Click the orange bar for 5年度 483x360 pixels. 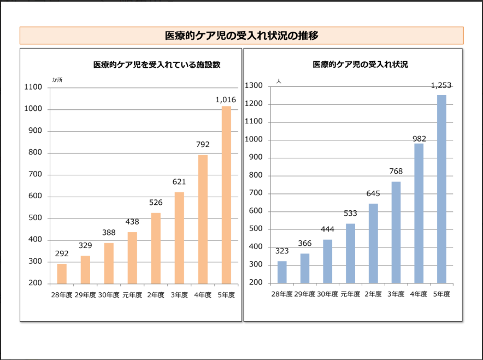pyautogui.click(x=226, y=194)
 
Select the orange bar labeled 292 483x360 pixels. pyautogui.click(x=62, y=274)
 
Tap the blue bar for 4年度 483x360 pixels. pyautogui.click(x=419, y=213)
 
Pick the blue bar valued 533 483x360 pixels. pyautogui.click(x=350, y=253)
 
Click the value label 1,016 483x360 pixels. pyautogui.click(x=226, y=99)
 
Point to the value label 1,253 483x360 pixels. pyautogui.click(x=441, y=85)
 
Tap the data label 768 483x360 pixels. pyautogui.click(x=396, y=172)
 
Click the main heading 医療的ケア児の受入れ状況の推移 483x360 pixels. pyautogui.click(x=241, y=36)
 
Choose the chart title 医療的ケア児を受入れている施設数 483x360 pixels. pyautogui.click(x=157, y=64)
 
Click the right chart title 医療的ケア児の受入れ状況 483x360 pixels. pyautogui.click(x=360, y=64)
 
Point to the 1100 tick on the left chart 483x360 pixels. pyautogui.click(x=34, y=87)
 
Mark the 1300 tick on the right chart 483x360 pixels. pyautogui.click(x=255, y=86)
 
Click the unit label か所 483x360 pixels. pyautogui.click(x=57, y=80)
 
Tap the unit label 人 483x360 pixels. pyautogui.click(x=279, y=81)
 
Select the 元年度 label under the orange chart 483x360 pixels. pyautogui.click(x=132, y=295)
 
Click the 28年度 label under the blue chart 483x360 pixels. pyautogui.click(x=281, y=294)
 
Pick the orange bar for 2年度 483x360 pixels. pyautogui.click(x=156, y=248)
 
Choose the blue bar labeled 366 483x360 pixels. pyautogui.click(x=305, y=268)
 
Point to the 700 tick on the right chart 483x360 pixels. pyautogui.click(x=256, y=193)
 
